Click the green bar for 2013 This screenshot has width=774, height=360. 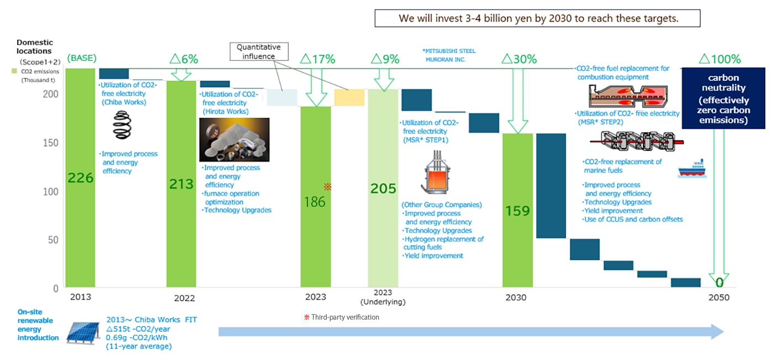click(x=80, y=221)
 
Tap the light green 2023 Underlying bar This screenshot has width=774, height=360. click(x=383, y=232)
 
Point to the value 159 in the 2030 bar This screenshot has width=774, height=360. click(x=517, y=211)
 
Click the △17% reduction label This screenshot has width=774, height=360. click(x=317, y=59)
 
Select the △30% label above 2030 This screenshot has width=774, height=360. click(x=518, y=59)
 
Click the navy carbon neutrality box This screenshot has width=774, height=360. click(x=724, y=97)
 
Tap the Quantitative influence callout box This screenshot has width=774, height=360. click(x=259, y=51)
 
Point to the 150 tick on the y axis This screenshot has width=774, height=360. click(x=51, y=143)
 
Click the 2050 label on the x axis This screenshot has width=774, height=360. click(x=718, y=298)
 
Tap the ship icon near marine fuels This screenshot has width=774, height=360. click(x=692, y=168)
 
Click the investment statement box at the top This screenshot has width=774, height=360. click(x=537, y=18)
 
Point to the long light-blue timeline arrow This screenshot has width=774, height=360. click(x=470, y=331)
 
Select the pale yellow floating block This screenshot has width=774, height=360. click(x=349, y=97)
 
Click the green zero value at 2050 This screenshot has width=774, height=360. click(x=719, y=283)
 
